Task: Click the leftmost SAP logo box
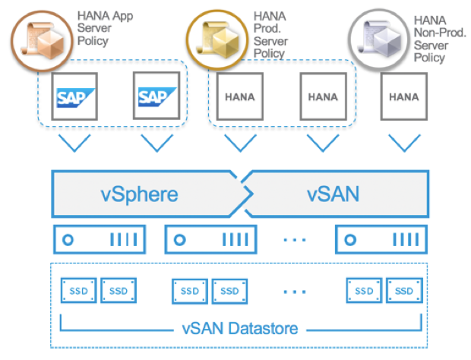pyautogui.click(x=74, y=96)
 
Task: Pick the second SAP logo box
pyautogui.click(x=156, y=96)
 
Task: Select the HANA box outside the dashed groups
pyautogui.click(x=403, y=96)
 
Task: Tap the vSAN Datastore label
pyautogui.click(x=239, y=329)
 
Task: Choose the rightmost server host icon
pyautogui.click(x=379, y=239)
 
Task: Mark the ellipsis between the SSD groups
pyautogui.click(x=295, y=291)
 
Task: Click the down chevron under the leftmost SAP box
pyautogui.click(x=74, y=143)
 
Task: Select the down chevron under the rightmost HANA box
pyautogui.click(x=403, y=143)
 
